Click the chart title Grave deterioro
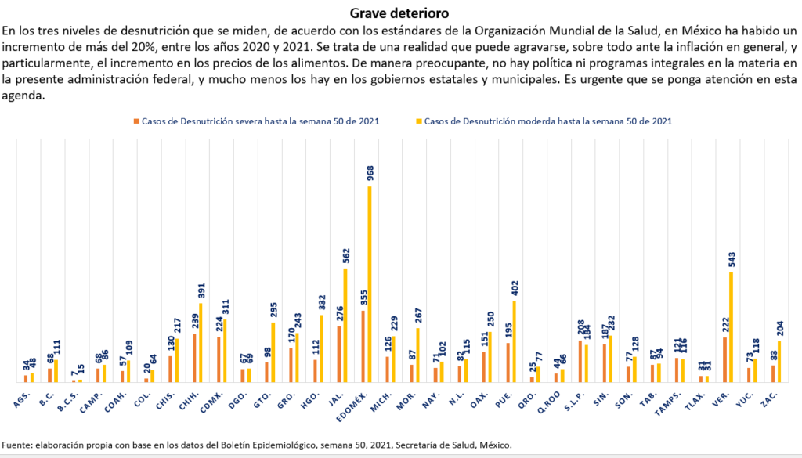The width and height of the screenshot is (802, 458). (x=400, y=13)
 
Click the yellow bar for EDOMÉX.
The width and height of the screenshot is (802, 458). (x=369, y=284)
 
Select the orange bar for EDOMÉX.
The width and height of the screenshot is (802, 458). (x=363, y=346)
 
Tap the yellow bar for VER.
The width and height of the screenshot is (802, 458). (x=732, y=327)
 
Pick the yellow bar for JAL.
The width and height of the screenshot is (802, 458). (x=345, y=325)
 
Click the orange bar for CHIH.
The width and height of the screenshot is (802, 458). (x=194, y=358)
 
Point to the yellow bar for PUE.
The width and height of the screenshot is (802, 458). (x=514, y=341)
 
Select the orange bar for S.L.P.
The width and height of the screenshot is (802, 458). (x=580, y=361)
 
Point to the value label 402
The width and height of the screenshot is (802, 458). (x=514, y=287)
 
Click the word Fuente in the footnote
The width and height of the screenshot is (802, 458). (x=18, y=445)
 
